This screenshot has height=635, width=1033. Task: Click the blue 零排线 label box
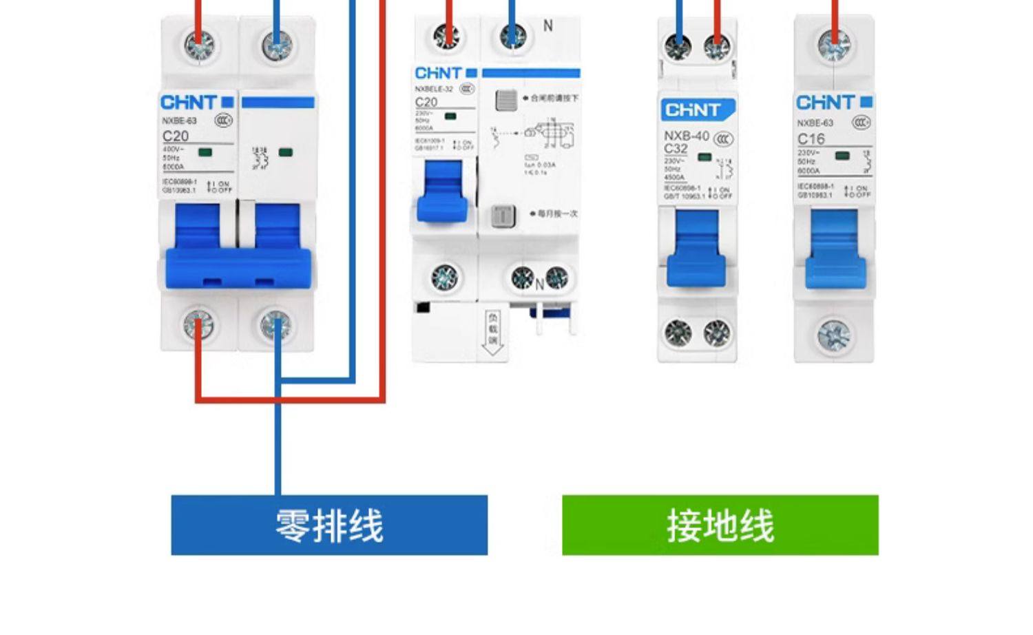[x=329, y=525]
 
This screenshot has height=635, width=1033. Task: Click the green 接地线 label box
[x=720, y=525]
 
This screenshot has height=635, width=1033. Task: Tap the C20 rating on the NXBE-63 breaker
[x=176, y=136]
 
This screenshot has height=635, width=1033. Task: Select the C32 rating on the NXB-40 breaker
[x=676, y=149]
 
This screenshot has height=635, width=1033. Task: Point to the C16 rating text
[x=811, y=138]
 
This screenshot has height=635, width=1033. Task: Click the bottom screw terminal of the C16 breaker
[x=834, y=335]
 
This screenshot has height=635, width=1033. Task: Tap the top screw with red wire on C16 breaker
[x=834, y=46]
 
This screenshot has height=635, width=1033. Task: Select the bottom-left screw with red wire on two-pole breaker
[x=198, y=325]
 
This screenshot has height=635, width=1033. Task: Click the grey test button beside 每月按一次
[x=503, y=216]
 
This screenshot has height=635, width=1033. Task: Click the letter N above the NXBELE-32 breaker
[x=548, y=26]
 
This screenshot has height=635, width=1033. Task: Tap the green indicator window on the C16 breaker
[x=842, y=156]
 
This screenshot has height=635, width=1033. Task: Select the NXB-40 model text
[x=686, y=136]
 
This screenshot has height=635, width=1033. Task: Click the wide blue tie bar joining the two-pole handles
[x=238, y=269]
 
